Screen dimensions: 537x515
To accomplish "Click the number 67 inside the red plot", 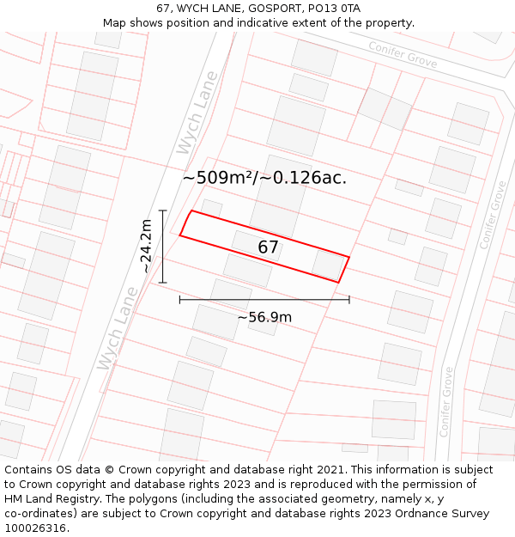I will tap(268, 247).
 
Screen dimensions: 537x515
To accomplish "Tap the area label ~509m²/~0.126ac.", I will tap(264, 178).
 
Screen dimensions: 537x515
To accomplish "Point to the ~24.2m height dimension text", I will tap(146, 246).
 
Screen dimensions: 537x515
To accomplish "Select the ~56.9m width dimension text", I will tap(264, 317).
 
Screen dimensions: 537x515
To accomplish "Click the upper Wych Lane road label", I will tap(197, 113).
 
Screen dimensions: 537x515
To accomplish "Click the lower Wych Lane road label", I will tap(118, 328).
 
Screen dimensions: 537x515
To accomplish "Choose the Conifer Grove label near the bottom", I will tap(447, 401).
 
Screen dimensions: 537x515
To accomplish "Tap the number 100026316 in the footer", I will tap(36, 528).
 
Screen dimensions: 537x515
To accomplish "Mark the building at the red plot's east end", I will tap(328, 265).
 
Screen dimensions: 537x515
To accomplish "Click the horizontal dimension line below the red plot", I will tap(264, 300).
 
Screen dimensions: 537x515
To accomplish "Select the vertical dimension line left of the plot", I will tap(162, 246).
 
